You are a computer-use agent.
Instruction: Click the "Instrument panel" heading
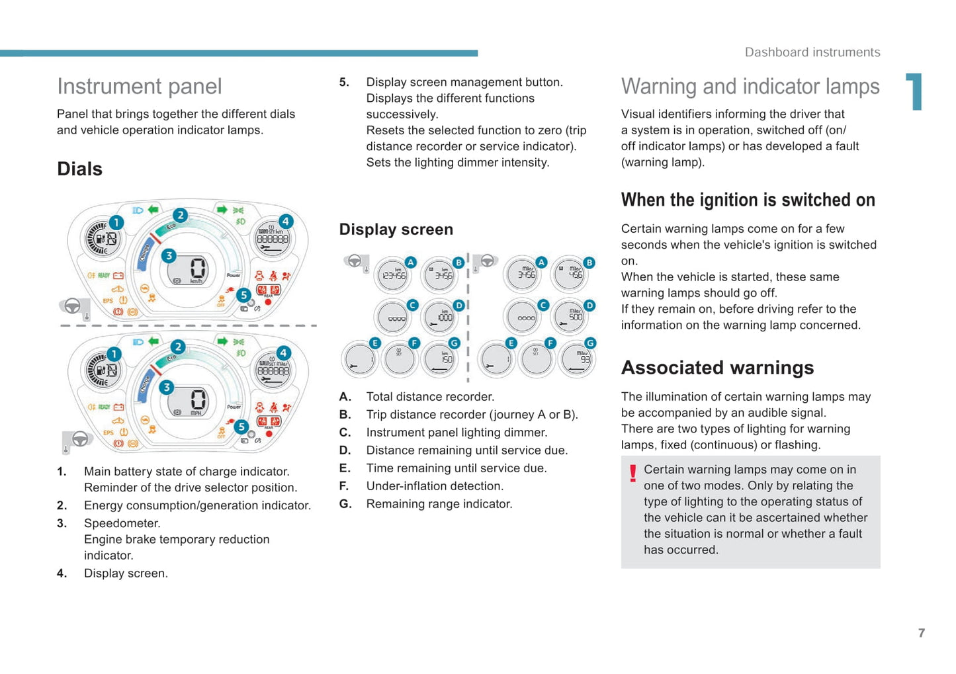click(x=139, y=87)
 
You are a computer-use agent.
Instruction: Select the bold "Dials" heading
click(x=79, y=169)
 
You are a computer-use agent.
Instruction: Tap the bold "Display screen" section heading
click(x=396, y=230)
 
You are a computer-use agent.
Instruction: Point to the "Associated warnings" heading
click(x=717, y=368)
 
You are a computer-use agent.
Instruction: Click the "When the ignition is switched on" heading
click(x=748, y=200)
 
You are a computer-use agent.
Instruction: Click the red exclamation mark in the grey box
click(x=632, y=473)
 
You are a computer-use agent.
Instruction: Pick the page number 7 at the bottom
click(x=921, y=633)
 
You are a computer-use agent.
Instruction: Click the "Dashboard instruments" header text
click(x=812, y=52)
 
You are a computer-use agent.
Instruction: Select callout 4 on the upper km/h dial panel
click(x=286, y=222)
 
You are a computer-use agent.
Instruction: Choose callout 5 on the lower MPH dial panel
click(x=241, y=427)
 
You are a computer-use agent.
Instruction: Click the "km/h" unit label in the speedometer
click(x=196, y=281)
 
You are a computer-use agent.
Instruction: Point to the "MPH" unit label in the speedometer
click(x=196, y=413)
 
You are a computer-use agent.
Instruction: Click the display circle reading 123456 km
click(x=394, y=275)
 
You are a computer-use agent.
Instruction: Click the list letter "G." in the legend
click(x=345, y=504)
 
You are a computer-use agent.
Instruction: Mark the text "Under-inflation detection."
click(x=435, y=486)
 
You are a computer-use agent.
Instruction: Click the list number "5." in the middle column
click(x=344, y=83)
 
